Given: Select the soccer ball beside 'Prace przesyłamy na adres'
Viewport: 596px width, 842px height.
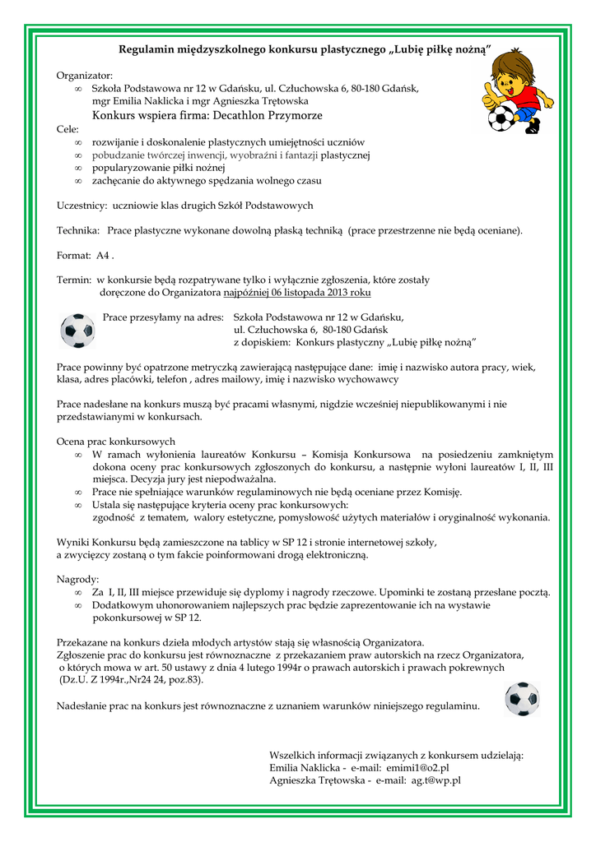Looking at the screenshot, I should (x=78, y=331).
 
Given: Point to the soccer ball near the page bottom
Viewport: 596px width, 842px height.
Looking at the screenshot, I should (x=522, y=699).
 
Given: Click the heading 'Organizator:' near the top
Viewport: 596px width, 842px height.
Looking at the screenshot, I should (x=85, y=75).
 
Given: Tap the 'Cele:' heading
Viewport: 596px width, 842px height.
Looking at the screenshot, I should (x=68, y=129).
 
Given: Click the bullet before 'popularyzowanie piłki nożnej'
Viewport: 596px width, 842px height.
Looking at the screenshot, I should (x=78, y=168).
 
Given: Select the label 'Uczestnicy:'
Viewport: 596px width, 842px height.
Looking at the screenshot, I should (x=82, y=205).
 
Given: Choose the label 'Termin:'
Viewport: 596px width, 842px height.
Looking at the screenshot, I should (x=73, y=280).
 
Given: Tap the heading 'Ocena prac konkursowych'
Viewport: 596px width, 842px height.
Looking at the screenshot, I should (x=115, y=442).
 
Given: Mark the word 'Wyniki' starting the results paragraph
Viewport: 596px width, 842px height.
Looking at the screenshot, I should (x=73, y=542).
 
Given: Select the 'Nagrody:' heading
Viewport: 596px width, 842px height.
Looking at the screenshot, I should (x=77, y=579).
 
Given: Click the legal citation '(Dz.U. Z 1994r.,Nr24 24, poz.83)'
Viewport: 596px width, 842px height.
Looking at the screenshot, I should (x=131, y=680).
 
